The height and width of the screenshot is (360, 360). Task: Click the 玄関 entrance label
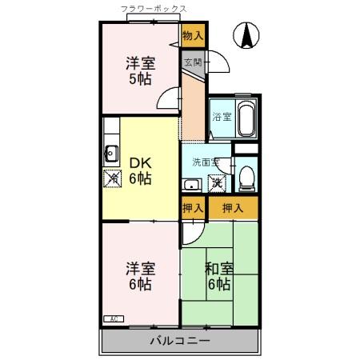tap(193, 62)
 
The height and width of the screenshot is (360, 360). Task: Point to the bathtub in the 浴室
tap(245, 120)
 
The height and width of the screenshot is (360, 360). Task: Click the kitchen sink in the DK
tap(111, 155)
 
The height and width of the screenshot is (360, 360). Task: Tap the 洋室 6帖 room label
tap(139, 275)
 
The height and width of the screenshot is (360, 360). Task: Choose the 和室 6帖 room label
tap(219, 276)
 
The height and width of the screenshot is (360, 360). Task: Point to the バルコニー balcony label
tap(180, 342)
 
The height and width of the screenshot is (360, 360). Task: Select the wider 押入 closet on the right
tap(233, 209)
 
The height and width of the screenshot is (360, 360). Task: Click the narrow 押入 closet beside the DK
tap(193, 209)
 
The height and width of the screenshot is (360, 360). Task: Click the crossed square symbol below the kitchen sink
tap(111, 178)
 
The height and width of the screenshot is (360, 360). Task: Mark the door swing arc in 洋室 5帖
tap(164, 98)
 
